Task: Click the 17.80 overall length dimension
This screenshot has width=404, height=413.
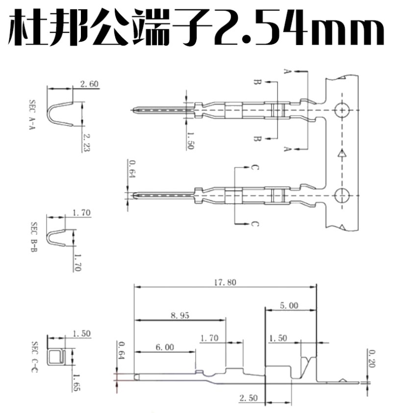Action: point(225,282)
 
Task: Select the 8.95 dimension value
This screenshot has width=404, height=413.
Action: point(180,316)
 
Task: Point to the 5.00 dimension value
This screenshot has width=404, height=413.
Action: point(289,305)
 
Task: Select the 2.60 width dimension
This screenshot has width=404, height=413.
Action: point(90,84)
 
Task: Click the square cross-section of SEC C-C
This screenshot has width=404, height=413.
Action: point(56,357)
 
